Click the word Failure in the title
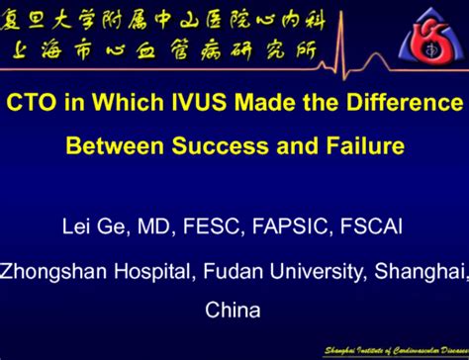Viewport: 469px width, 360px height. pyautogui.click(x=367, y=146)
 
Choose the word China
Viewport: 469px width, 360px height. pyautogui.click(x=234, y=310)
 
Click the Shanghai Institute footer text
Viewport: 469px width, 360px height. pyautogui.click(x=395, y=350)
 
